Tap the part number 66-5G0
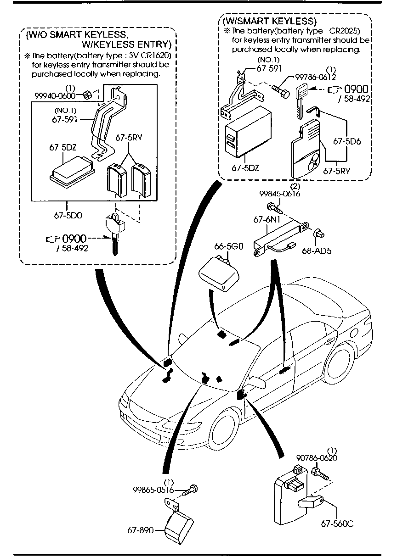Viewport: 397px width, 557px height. coord(228,247)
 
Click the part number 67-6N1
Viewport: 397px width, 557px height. coord(264,220)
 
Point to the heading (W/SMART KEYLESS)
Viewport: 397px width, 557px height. coord(270,22)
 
